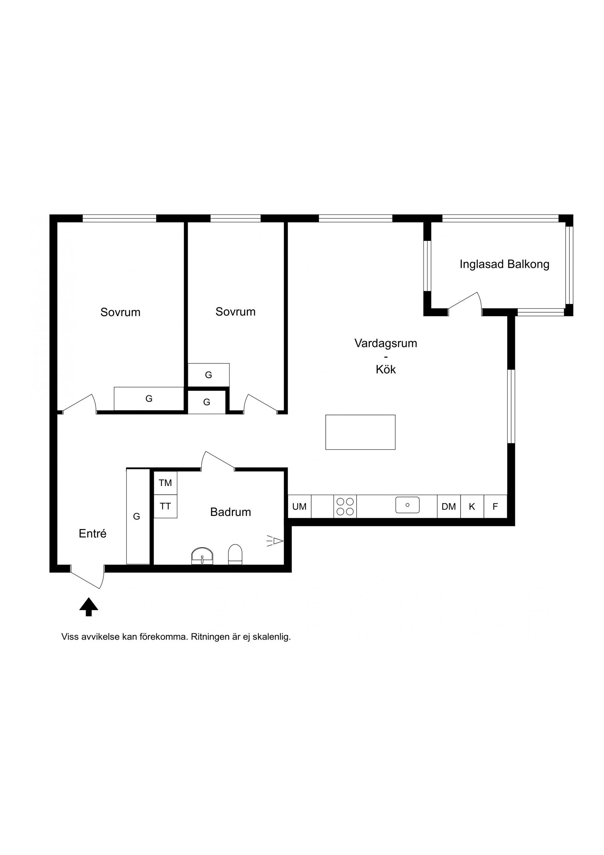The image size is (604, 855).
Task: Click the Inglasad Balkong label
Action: pos(504,264)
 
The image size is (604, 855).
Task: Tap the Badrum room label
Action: pos(230,512)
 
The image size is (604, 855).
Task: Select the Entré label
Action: pos(92,534)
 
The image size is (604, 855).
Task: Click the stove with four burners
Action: pos(345,507)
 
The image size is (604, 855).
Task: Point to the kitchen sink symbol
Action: pos(407,505)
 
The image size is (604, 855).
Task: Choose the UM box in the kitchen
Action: pos(299,507)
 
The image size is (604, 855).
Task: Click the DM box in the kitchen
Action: pos(449,507)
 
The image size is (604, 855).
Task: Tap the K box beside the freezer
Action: pos(472,507)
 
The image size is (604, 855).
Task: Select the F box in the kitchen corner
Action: pos(495,507)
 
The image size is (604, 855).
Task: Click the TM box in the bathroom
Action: pos(165,483)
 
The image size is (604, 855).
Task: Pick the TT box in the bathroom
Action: pos(165,507)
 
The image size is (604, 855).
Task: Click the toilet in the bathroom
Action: pos(235,554)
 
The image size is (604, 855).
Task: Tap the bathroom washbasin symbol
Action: pos(202,556)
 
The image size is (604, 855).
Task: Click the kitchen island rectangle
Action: pos(360,432)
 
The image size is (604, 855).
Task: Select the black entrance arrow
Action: pos(89,606)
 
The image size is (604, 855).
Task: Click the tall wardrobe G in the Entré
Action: pos(138,517)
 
